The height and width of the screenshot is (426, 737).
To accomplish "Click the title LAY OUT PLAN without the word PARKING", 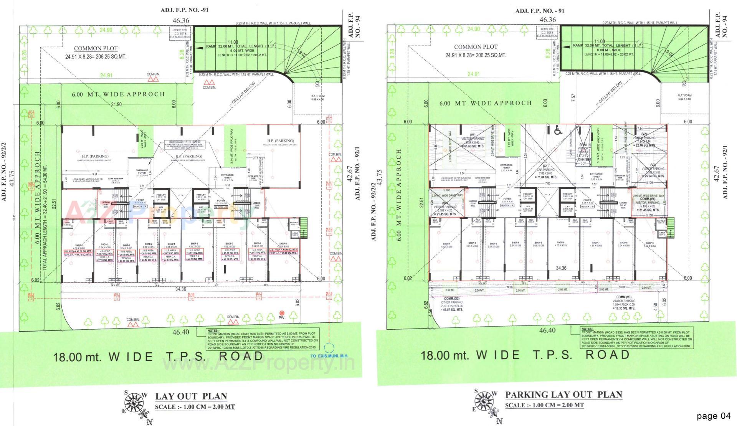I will click(x=191, y=396).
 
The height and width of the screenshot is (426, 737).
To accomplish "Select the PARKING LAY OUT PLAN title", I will click(x=563, y=395).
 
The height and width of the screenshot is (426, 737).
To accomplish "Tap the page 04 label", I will click(x=714, y=416).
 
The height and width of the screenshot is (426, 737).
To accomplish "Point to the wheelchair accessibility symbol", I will click(x=558, y=131).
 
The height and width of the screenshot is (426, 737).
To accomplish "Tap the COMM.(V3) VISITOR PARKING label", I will click(x=624, y=303).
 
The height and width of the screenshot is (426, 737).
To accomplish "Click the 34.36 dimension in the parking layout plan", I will click(x=561, y=268).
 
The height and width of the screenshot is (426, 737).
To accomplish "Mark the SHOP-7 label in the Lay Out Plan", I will click(x=230, y=244).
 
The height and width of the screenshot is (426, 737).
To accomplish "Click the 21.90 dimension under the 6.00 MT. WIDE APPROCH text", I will click(x=116, y=104).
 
